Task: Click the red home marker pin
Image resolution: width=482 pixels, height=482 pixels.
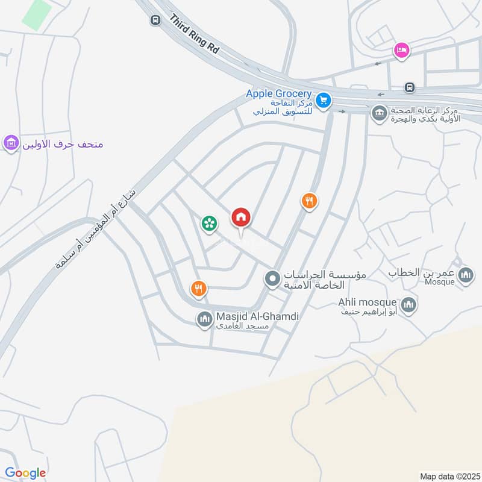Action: tap(241, 218)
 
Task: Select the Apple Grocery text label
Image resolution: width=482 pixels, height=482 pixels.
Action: tap(278, 94)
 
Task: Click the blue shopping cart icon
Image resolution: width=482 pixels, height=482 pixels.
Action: tap(324, 101)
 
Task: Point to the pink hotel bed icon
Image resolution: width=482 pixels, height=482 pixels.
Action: tap(401, 51)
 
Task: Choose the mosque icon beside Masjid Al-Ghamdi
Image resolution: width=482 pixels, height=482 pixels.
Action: tap(204, 318)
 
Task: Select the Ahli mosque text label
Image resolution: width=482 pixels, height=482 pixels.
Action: tap(367, 302)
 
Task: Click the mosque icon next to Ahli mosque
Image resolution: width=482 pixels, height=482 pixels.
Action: tap(408, 304)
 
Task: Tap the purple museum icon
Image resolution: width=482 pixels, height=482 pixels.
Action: tap(10, 144)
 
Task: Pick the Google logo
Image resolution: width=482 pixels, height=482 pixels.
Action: tap(25, 472)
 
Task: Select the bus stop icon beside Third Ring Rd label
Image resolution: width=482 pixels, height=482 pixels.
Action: tap(155, 20)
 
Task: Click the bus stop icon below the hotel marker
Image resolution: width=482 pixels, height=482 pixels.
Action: tap(410, 87)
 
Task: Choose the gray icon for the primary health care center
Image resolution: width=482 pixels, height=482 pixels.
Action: tap(379, 113)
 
